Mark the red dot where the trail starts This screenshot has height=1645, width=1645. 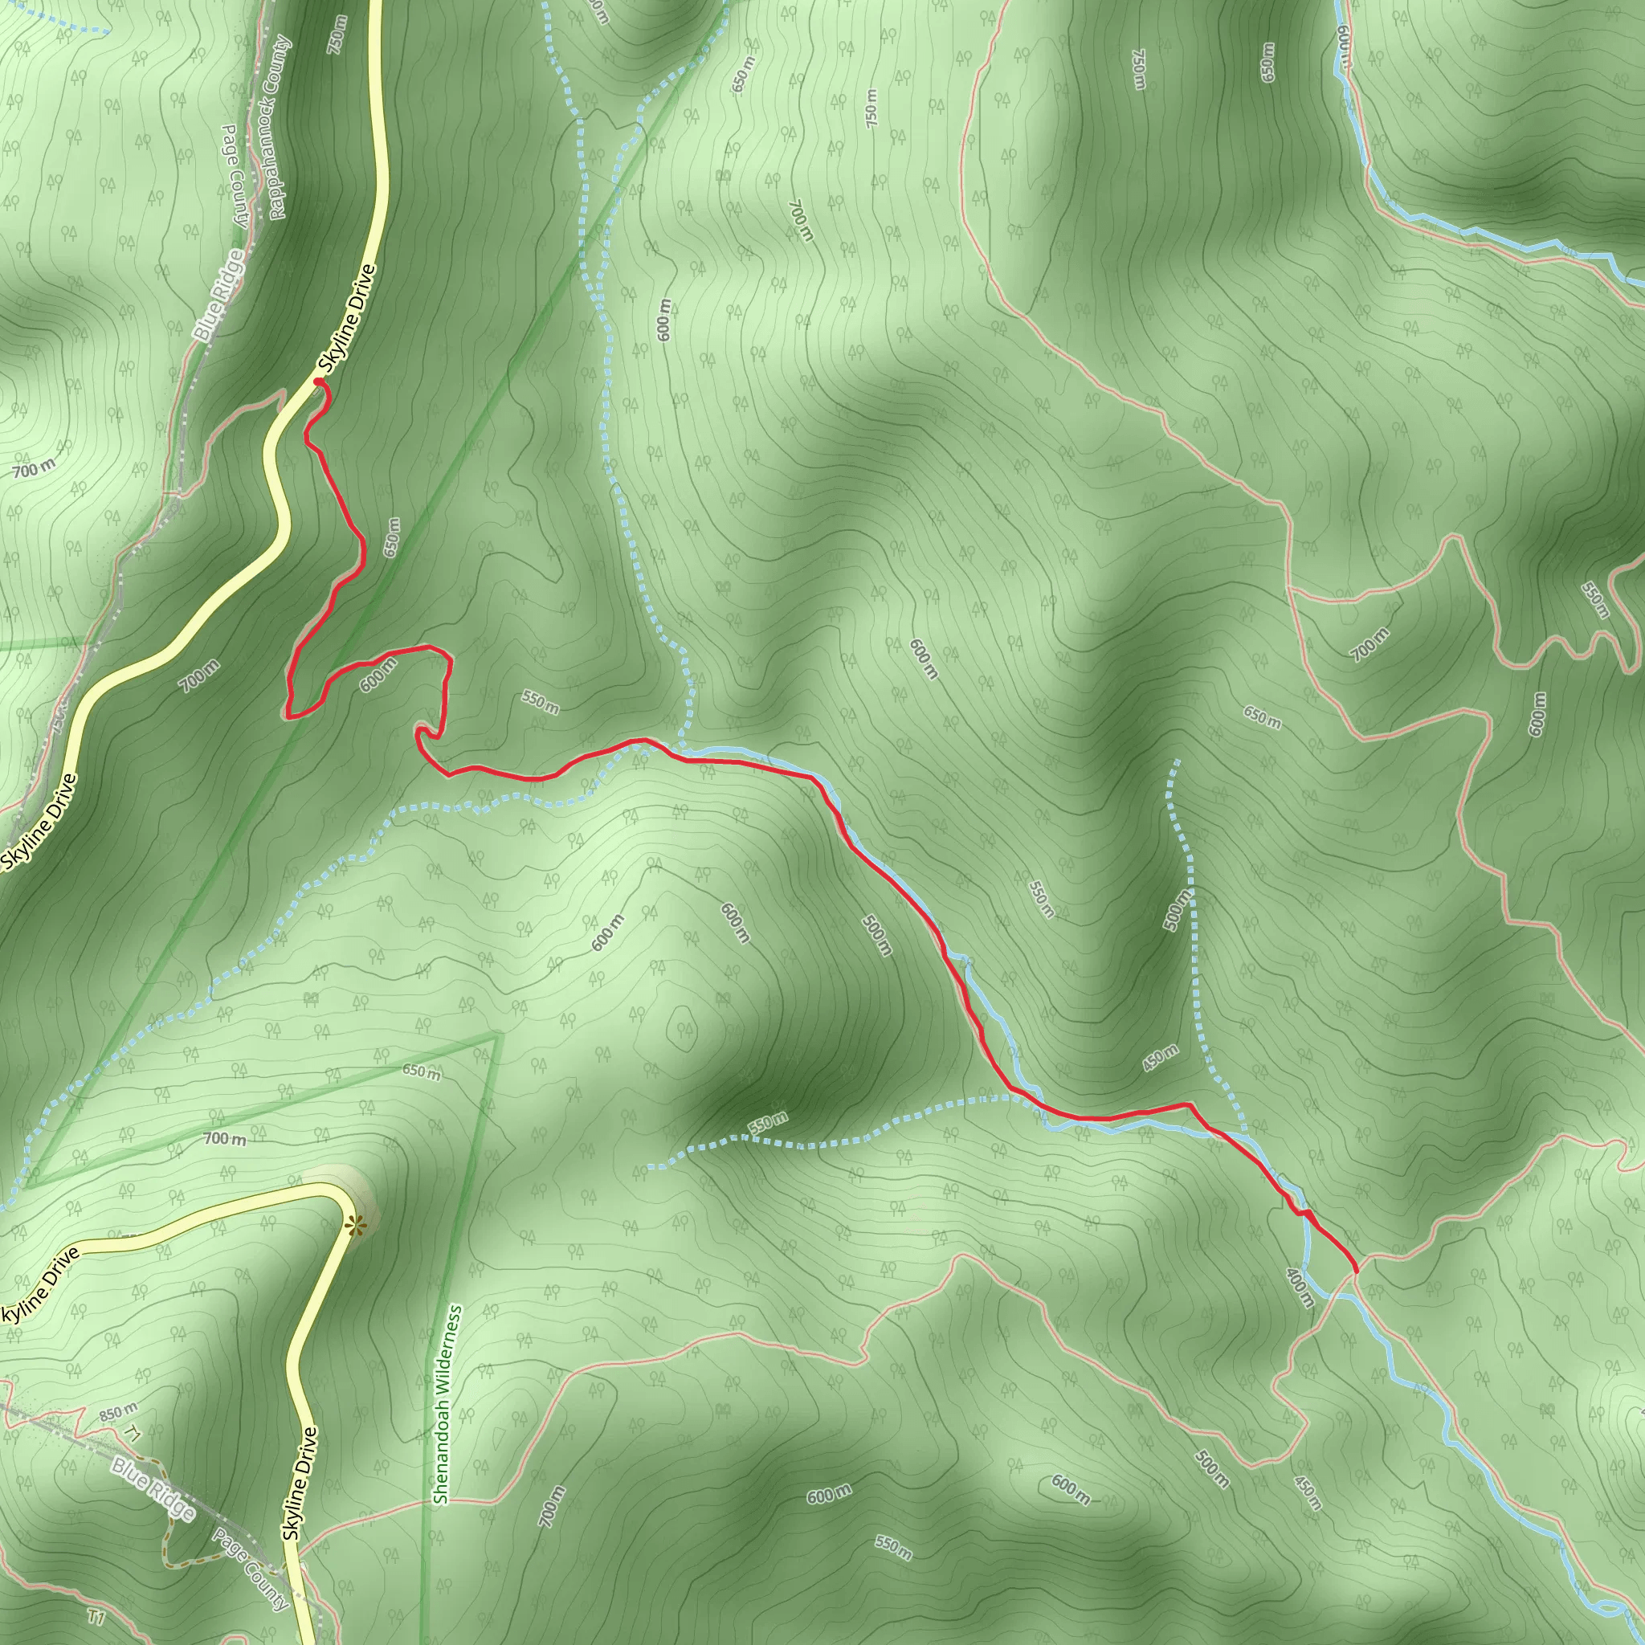[x=318, y=383]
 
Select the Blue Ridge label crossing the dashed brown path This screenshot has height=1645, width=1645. [x=153, y=1488]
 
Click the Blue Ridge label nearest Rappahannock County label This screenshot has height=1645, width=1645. [x=218, y=296]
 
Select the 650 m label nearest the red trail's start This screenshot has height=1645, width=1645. [x=392, y=537]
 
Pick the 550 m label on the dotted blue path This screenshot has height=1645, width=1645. [x=768, y=1122]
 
